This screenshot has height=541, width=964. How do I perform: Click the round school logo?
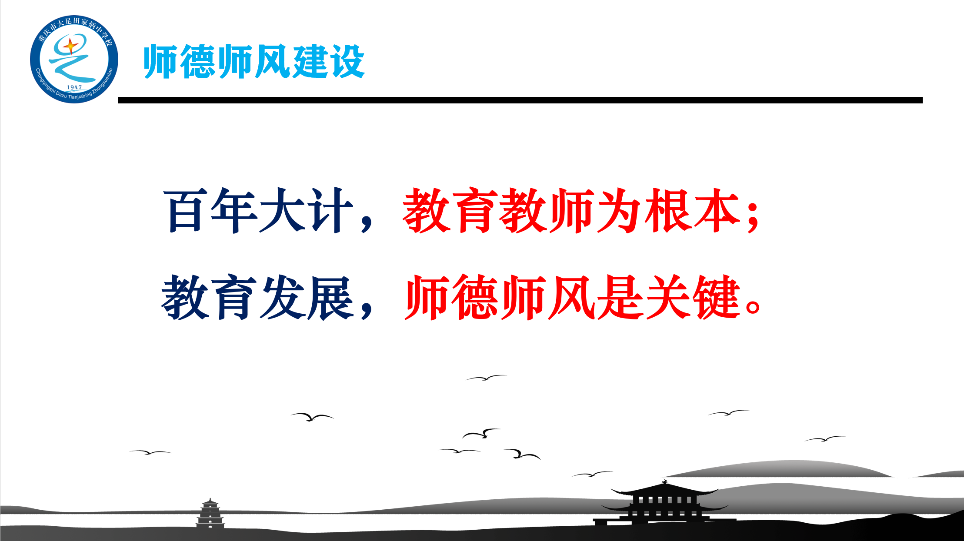74,60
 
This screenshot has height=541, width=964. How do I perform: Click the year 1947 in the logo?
74,87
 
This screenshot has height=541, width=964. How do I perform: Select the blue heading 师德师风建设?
254,61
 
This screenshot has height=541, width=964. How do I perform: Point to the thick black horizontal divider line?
520,100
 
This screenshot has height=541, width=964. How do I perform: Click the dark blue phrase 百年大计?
259,210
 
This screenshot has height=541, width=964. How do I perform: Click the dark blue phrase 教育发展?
258,297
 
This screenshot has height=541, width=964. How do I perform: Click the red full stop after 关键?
753,306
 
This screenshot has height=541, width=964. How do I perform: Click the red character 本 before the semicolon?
717,210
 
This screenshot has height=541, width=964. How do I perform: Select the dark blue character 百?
186,210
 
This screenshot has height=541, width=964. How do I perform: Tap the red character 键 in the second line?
717,297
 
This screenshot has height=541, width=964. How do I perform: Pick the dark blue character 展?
330,297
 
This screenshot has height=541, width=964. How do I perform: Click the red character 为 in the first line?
620,210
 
